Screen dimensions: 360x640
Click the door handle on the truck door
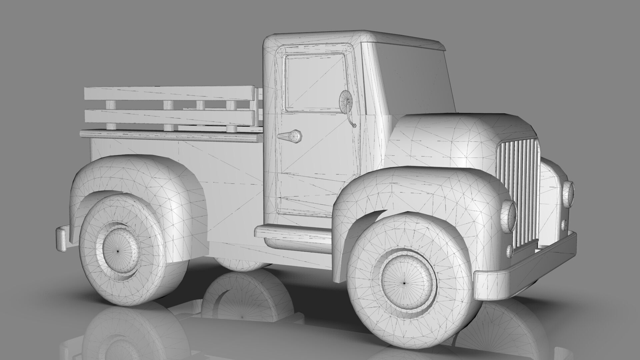point(291,136)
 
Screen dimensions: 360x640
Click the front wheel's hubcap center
point(404,283)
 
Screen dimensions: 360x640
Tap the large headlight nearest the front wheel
point(509,216)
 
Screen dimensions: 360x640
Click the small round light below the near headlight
point(509,251)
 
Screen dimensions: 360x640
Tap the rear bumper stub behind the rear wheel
point(62,238)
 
